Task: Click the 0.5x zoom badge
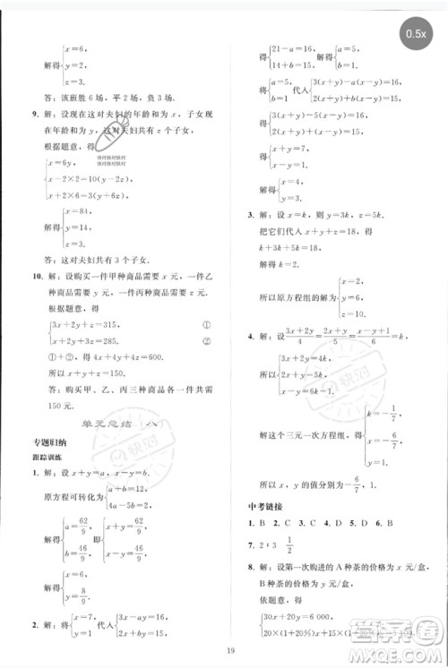417,33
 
